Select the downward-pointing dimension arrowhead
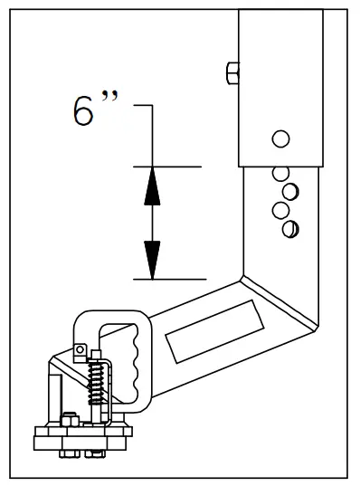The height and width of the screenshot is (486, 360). point(152,258)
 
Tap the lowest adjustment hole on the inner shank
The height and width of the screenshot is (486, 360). point(289,229)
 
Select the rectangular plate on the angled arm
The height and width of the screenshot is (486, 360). point(218,330)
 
